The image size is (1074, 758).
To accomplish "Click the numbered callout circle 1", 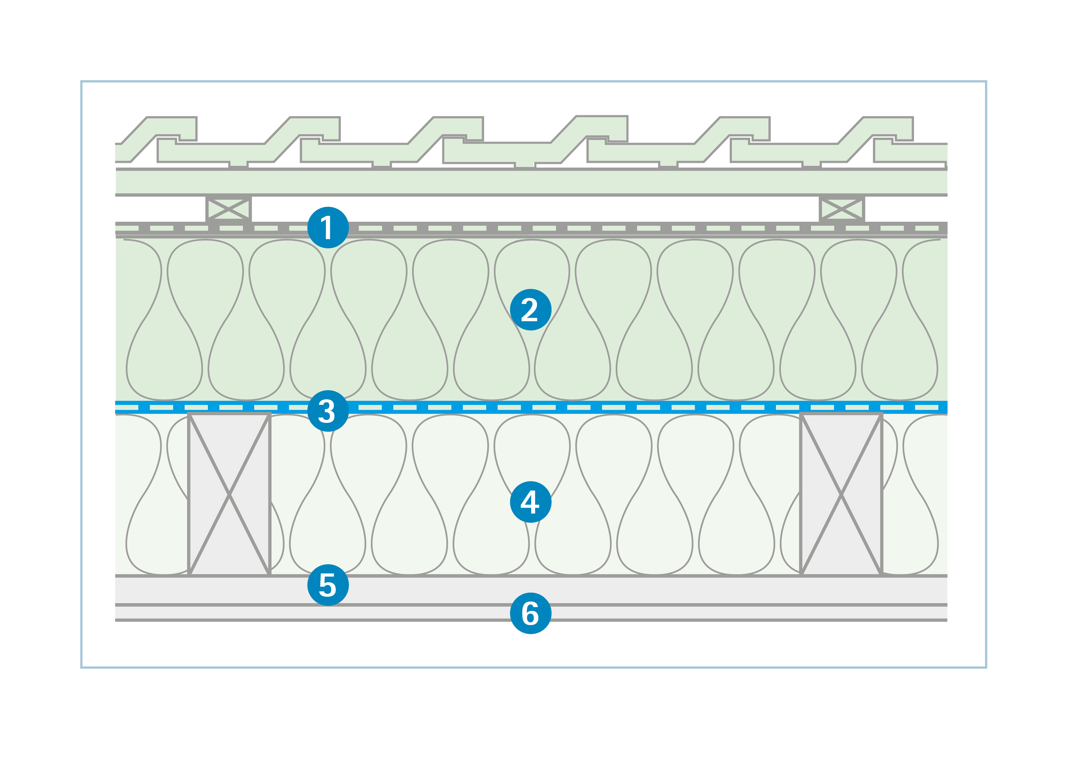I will point(328,227).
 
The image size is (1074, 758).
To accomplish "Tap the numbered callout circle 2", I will point(531,309).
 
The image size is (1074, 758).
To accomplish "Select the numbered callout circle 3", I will point(328,411).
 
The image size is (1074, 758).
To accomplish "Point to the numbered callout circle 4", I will point(531,502).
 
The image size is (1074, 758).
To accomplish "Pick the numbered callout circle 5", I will point(328,585).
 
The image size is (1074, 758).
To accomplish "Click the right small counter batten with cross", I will point(841,209).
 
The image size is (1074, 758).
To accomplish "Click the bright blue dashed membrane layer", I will point(655,407).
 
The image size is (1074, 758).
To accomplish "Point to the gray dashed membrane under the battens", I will point(655,228).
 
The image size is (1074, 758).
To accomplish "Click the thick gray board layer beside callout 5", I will point(655,590).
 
